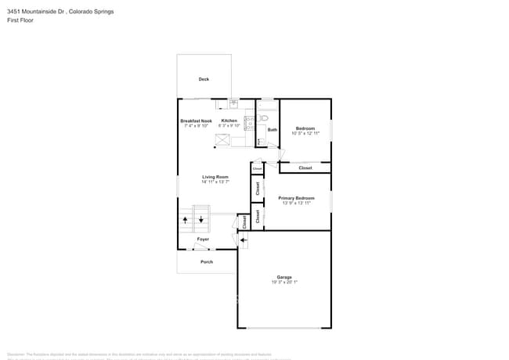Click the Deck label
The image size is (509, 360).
[x=204, y=79]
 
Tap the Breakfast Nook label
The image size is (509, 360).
[x=196, y=121]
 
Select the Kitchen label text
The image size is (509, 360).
[x=229, y=121]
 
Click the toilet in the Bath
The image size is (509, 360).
[x=264, y=118]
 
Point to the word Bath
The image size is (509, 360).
[x=273, y=130]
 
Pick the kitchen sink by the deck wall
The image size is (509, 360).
[x=233, y=103]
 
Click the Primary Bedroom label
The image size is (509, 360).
[x=297, y=199]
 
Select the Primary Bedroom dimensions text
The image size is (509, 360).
[x=297, y=203]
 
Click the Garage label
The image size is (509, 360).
[x=283, y=277]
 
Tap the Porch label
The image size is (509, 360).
[x=207, y=261]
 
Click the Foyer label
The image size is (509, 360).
[x=203, y=239]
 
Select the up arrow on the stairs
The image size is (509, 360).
[x=186, y=220]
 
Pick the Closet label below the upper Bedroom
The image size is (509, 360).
[x=305, y=167]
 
